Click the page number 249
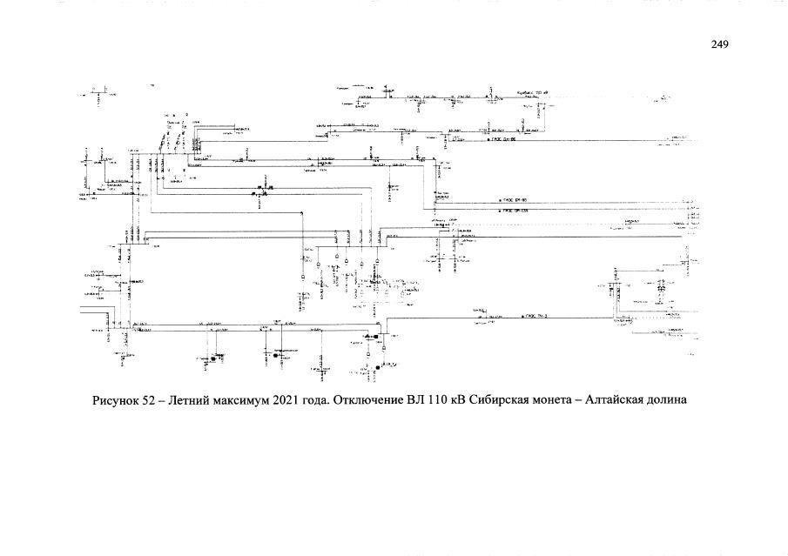click(x=719, y=44)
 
